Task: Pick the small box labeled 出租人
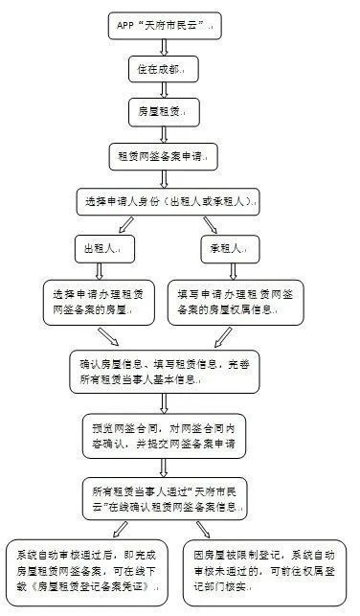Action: pyautogui.click(x=103, y=247)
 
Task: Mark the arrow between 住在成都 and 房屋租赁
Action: pyautogui.click(x=165, y=90)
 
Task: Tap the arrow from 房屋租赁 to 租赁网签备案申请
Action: pyautogui.click(x=165, y=134)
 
